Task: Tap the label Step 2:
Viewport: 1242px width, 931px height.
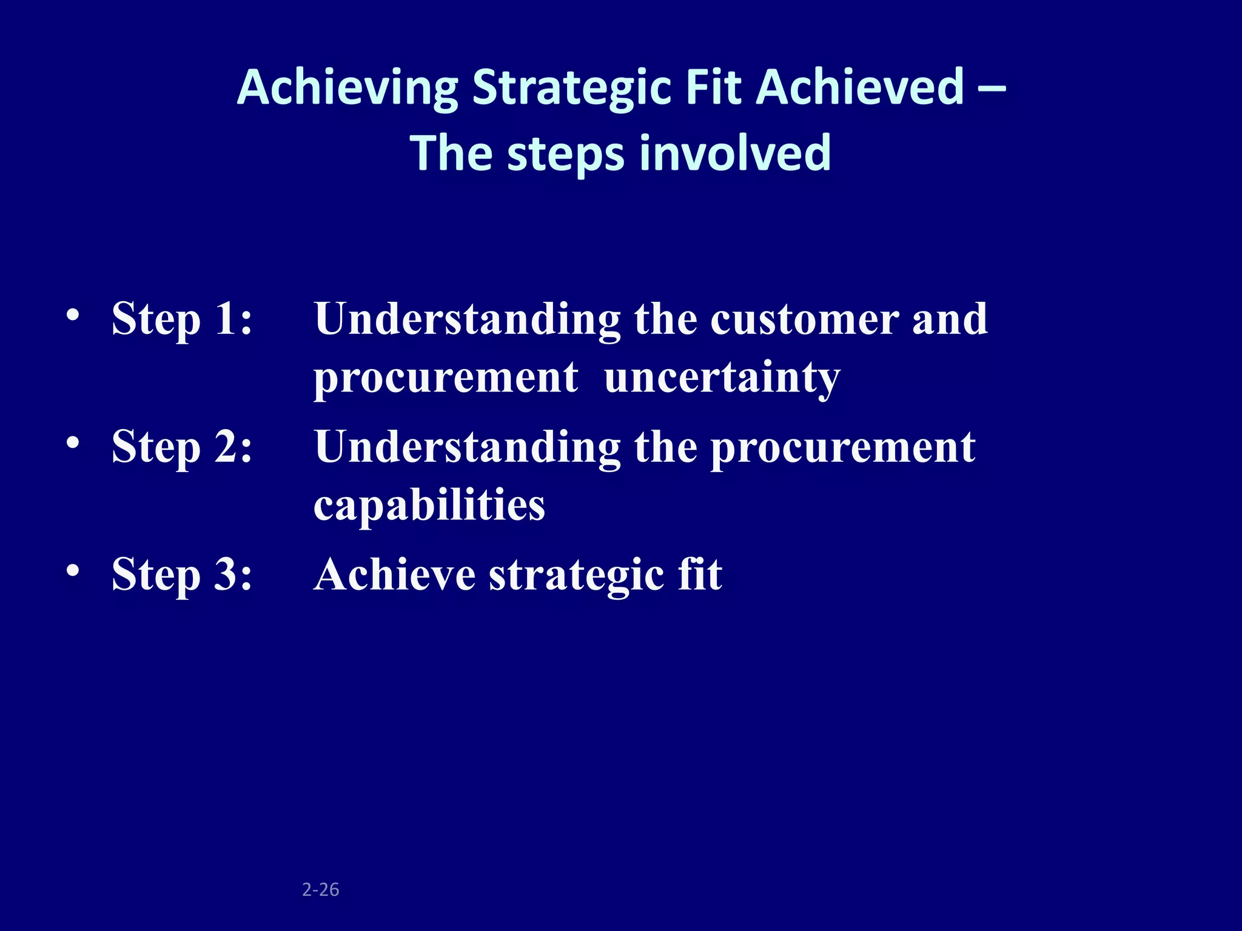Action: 181,447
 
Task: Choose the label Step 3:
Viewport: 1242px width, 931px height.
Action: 181,575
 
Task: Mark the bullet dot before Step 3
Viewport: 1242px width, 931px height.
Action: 73,571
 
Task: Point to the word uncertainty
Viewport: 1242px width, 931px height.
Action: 722,379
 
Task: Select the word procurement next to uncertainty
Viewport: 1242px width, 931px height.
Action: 446,379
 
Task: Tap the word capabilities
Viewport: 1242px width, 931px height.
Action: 429,506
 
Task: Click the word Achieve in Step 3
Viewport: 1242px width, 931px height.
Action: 394,575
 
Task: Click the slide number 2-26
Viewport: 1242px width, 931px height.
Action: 320,890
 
